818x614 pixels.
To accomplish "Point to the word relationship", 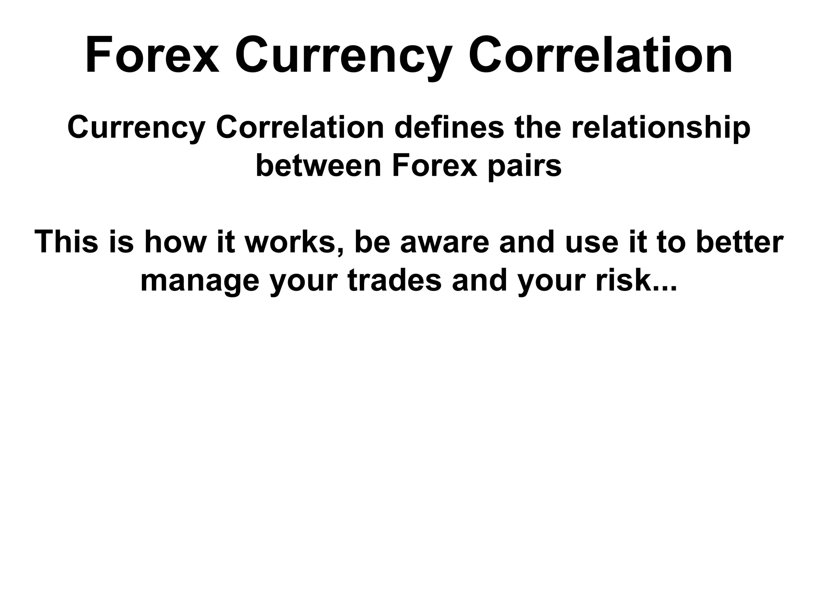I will click(661, 128).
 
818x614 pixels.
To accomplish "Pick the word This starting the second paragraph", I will click(66, 242).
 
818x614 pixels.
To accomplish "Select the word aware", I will click(445, 242).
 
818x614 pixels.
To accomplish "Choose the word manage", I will click(200, 280).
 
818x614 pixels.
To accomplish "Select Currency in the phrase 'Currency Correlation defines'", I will click(136, 128).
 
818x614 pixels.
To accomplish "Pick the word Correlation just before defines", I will click(300, 128).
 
